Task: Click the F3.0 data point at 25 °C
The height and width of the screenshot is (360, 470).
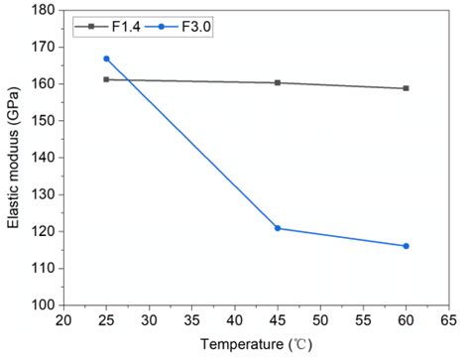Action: tap(106, 59)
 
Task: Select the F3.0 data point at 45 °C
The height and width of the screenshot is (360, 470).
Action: tap(278, 228)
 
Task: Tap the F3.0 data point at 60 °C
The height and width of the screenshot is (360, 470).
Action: tap(407, 246)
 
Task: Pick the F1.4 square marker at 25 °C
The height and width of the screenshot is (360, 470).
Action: tap(106, 79)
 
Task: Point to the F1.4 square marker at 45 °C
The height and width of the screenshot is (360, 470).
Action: tap(278, 82)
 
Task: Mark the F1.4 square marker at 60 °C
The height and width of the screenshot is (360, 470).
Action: tap(407, 88)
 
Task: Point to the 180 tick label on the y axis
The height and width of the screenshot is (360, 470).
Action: tap(42, 10)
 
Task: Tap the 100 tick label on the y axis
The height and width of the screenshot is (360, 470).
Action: tap(42, 305)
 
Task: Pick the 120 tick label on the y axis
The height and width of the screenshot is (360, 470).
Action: tap(42, 231)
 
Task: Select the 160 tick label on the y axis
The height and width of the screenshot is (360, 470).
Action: tap(42, 83)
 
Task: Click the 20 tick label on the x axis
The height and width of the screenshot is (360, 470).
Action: tap(62, 321)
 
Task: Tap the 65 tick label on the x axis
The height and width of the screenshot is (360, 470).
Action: tap(449, 321)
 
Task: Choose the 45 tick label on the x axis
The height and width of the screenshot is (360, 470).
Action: tap(278, 321)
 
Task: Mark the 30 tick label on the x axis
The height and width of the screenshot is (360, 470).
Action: tap(149, 321)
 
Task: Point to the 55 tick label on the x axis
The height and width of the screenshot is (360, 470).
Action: tap(364, 321)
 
